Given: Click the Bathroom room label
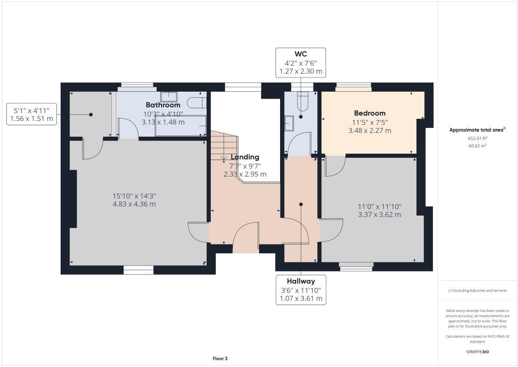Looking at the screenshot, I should (x=163, y=105).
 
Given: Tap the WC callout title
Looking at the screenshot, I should (x=301, y=54).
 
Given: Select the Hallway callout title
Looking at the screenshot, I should (x=301, y=281).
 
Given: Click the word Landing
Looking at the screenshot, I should (x=245, y=157).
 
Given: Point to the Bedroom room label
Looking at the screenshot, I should (x=370, y=113).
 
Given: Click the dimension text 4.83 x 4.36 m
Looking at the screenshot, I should (x=134, y=204).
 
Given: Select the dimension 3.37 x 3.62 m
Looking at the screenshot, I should (x=379, y=215).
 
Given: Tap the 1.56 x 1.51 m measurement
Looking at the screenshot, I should (x=31, y=119).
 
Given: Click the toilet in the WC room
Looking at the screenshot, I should (x=303, y=102).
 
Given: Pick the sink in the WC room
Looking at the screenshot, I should (x=289, y=123).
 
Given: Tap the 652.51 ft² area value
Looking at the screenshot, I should (x=477, y=138).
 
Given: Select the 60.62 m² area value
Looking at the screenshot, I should (x=477, y=145).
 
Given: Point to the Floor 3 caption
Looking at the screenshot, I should (x=220, y=358).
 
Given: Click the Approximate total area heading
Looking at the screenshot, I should (x=477, y=130).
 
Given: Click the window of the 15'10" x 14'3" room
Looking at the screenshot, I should (x=138, y=271).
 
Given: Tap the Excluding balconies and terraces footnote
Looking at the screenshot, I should (x=477, y=290).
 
